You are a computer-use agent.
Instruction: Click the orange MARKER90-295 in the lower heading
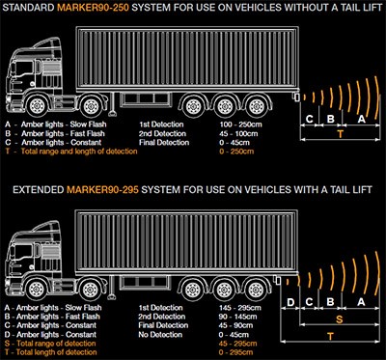pos(103,190)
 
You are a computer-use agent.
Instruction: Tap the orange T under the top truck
pos(340,134)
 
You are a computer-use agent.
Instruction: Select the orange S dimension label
pos(340,319)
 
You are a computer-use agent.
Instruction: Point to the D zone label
pos(290,302)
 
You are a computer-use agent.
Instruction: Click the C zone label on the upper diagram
pos(310,120)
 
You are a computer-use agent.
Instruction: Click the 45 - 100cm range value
pos(238,133)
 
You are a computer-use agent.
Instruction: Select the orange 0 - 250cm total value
pos(236,152)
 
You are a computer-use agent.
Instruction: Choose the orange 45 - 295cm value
pos(238,344)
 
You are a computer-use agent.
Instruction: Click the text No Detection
pos(160,335)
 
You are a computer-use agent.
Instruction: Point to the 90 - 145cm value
pos(238,317)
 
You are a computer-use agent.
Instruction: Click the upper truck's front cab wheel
pos(37,106)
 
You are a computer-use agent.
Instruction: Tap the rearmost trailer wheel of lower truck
pos(256,288)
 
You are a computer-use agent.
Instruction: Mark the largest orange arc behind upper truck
pos(377,96)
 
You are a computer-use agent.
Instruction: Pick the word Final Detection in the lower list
pos(163,325)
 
